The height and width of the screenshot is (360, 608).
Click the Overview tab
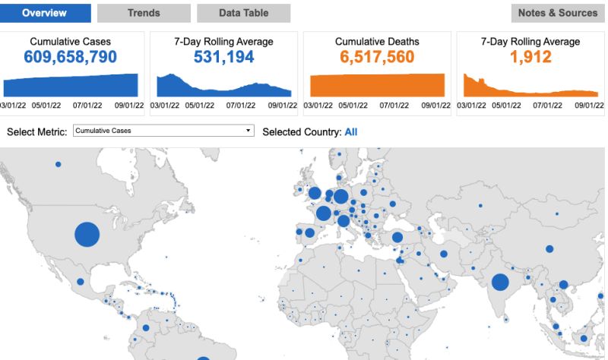point(45,13)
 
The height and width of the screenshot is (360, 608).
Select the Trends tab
point(144,13)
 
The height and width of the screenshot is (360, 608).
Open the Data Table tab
point(243,13)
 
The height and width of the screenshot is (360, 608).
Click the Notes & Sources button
point(558,13)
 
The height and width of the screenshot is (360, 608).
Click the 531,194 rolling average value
point(223,56)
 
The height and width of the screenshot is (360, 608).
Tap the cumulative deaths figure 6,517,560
point(377,56)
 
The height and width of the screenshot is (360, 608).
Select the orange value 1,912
point(530,56)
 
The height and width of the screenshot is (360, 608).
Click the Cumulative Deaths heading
point(377,42)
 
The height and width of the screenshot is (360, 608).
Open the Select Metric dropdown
point(163,131)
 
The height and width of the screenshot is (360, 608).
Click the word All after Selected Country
point(351,131)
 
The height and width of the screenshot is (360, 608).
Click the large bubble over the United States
point(87,234)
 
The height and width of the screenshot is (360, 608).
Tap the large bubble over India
point(500,283)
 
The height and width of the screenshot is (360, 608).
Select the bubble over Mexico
point(81,282)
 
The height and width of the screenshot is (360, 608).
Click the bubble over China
point(549,249)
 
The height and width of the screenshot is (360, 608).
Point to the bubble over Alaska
point(58,164)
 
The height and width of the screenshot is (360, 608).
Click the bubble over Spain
point(309,233)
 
